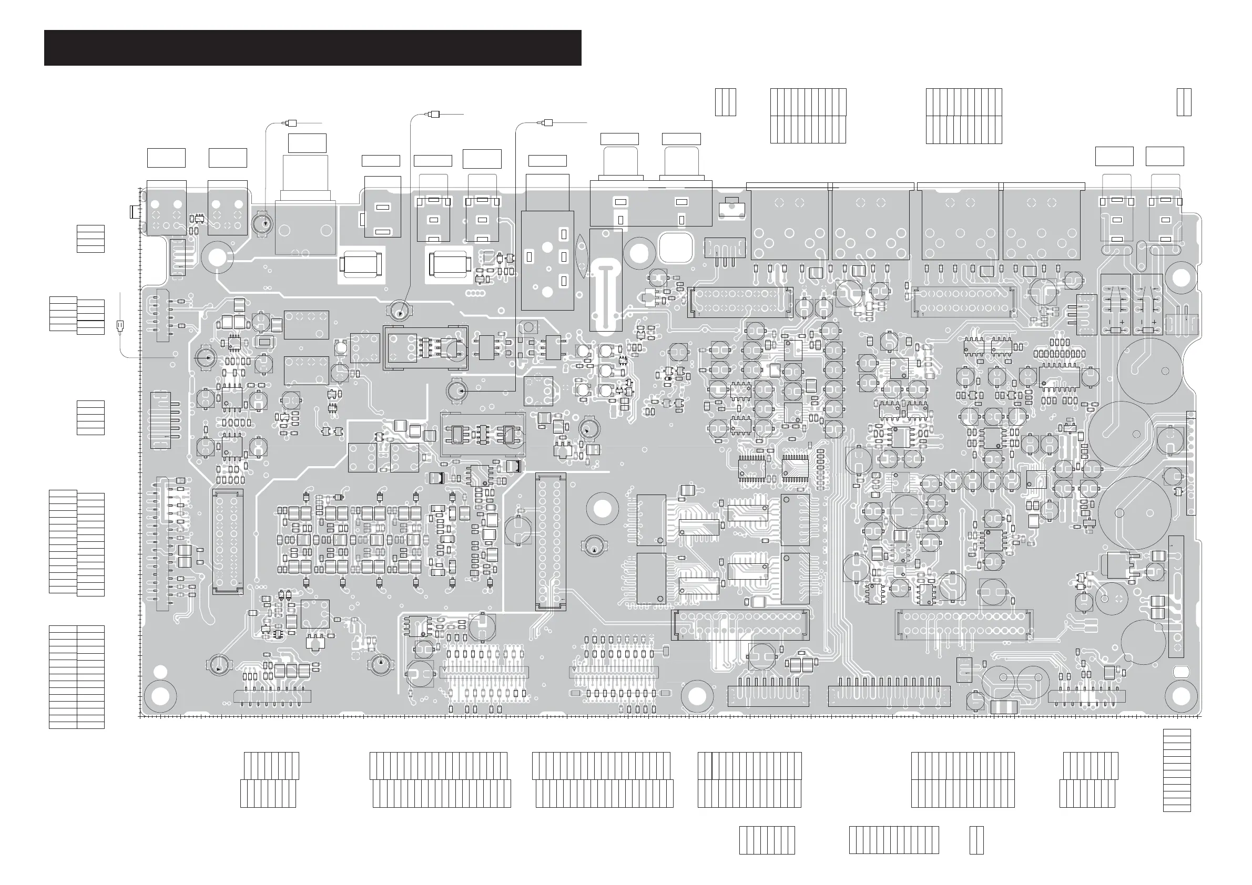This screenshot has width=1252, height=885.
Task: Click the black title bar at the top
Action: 312,48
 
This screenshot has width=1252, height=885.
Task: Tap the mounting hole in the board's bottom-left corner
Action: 160,696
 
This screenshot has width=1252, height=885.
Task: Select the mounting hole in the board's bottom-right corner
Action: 1180,696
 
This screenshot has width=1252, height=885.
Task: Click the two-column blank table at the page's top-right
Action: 1183,102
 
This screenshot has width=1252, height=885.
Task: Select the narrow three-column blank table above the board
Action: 725,102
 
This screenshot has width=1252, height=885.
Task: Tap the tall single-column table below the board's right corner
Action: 1177,770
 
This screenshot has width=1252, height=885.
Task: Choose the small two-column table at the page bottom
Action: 976,840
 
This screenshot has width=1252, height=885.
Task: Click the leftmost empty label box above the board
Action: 166,158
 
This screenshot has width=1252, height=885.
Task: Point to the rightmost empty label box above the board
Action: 1164,156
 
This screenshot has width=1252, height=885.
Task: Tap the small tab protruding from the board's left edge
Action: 133,211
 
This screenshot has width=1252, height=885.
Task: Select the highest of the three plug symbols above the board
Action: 434,115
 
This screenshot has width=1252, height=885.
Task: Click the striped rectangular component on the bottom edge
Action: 1003,708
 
